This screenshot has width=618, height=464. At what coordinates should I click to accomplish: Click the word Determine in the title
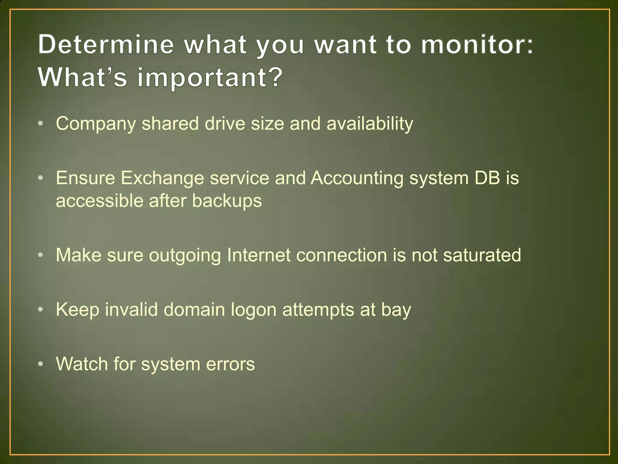(106, 45)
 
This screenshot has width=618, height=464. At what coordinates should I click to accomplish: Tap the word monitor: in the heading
(477, 45)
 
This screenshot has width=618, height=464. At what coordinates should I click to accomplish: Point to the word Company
(96, 124)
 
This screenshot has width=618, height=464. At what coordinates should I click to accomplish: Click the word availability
(370, 124)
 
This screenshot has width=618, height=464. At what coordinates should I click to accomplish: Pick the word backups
(227, 201)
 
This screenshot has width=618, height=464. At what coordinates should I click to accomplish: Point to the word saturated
(482, 255)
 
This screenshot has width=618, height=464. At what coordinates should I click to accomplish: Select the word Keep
(78, 310)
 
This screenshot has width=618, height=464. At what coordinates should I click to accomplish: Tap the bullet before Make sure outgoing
(41, 256)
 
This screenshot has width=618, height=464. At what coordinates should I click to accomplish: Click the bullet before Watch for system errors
(41, 364)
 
